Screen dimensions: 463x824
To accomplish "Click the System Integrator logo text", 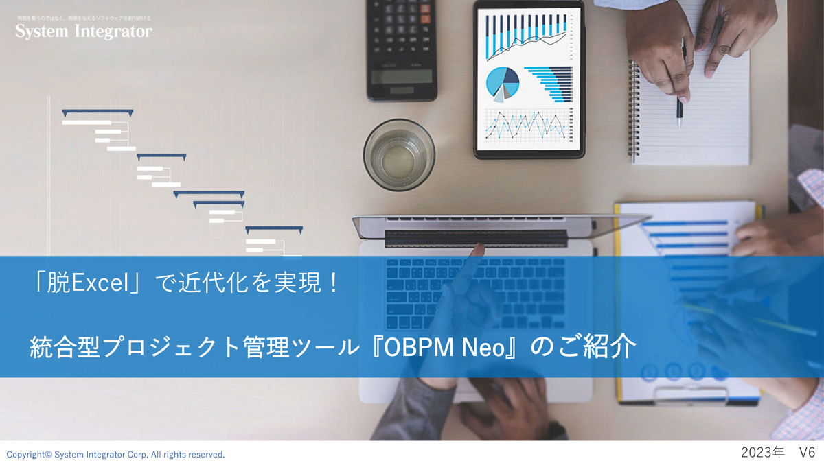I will click(x=84, y=32).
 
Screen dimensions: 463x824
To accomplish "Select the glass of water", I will click(x=399, y=154).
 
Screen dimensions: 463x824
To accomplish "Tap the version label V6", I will click(x=807, y=453).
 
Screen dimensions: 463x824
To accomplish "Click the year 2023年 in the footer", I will click(x=762, y=453).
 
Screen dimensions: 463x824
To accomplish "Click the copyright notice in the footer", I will click(x=115, y=454).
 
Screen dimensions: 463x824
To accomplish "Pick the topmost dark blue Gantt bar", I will click(x=97, y=112).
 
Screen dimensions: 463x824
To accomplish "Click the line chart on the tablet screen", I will click(x=527, y=125).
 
